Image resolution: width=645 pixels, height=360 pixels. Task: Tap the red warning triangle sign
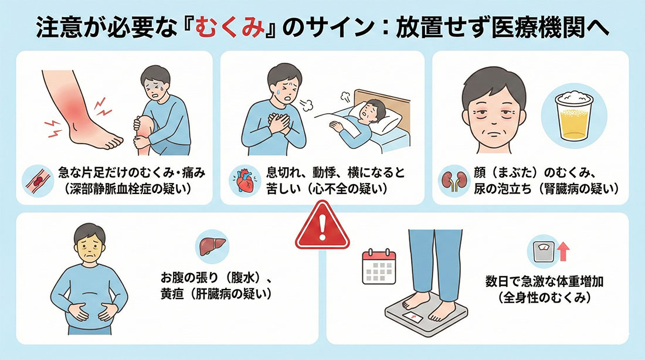pyautogui.click(x=322, y=226)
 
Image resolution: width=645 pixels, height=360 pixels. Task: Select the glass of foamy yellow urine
pyautogui.click(x=574, y=116)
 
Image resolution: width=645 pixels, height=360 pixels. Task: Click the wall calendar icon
pyautogui.click(x=379, y=267)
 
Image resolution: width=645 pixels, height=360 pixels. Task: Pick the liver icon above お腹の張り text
pyautogui.click(x=212, y=247)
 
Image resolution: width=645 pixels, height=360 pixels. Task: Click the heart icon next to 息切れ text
pyautogui.click(x=246, y=181)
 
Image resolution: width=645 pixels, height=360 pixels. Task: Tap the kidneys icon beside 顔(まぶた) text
pyautogui.click(x=454, y=181)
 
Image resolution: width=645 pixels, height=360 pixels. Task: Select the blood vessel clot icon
pyautogui.click(x=38, y=181)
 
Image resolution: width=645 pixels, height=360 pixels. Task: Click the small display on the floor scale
pyautogui.click(x=413, y=317)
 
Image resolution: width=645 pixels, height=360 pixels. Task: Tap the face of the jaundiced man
pyautogui.click(x=90, y=246)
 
